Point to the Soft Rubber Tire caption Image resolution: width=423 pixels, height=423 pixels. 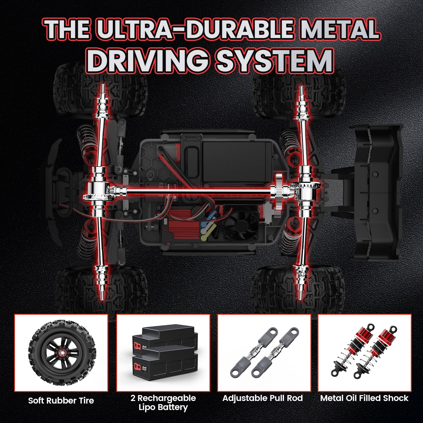(x=61, y=400)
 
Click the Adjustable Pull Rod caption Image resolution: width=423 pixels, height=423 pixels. (x=263, y=398)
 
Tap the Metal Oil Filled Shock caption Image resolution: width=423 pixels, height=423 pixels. (x=364, y=398)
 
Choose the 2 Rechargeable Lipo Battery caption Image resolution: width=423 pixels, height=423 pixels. (x=163, y=403)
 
